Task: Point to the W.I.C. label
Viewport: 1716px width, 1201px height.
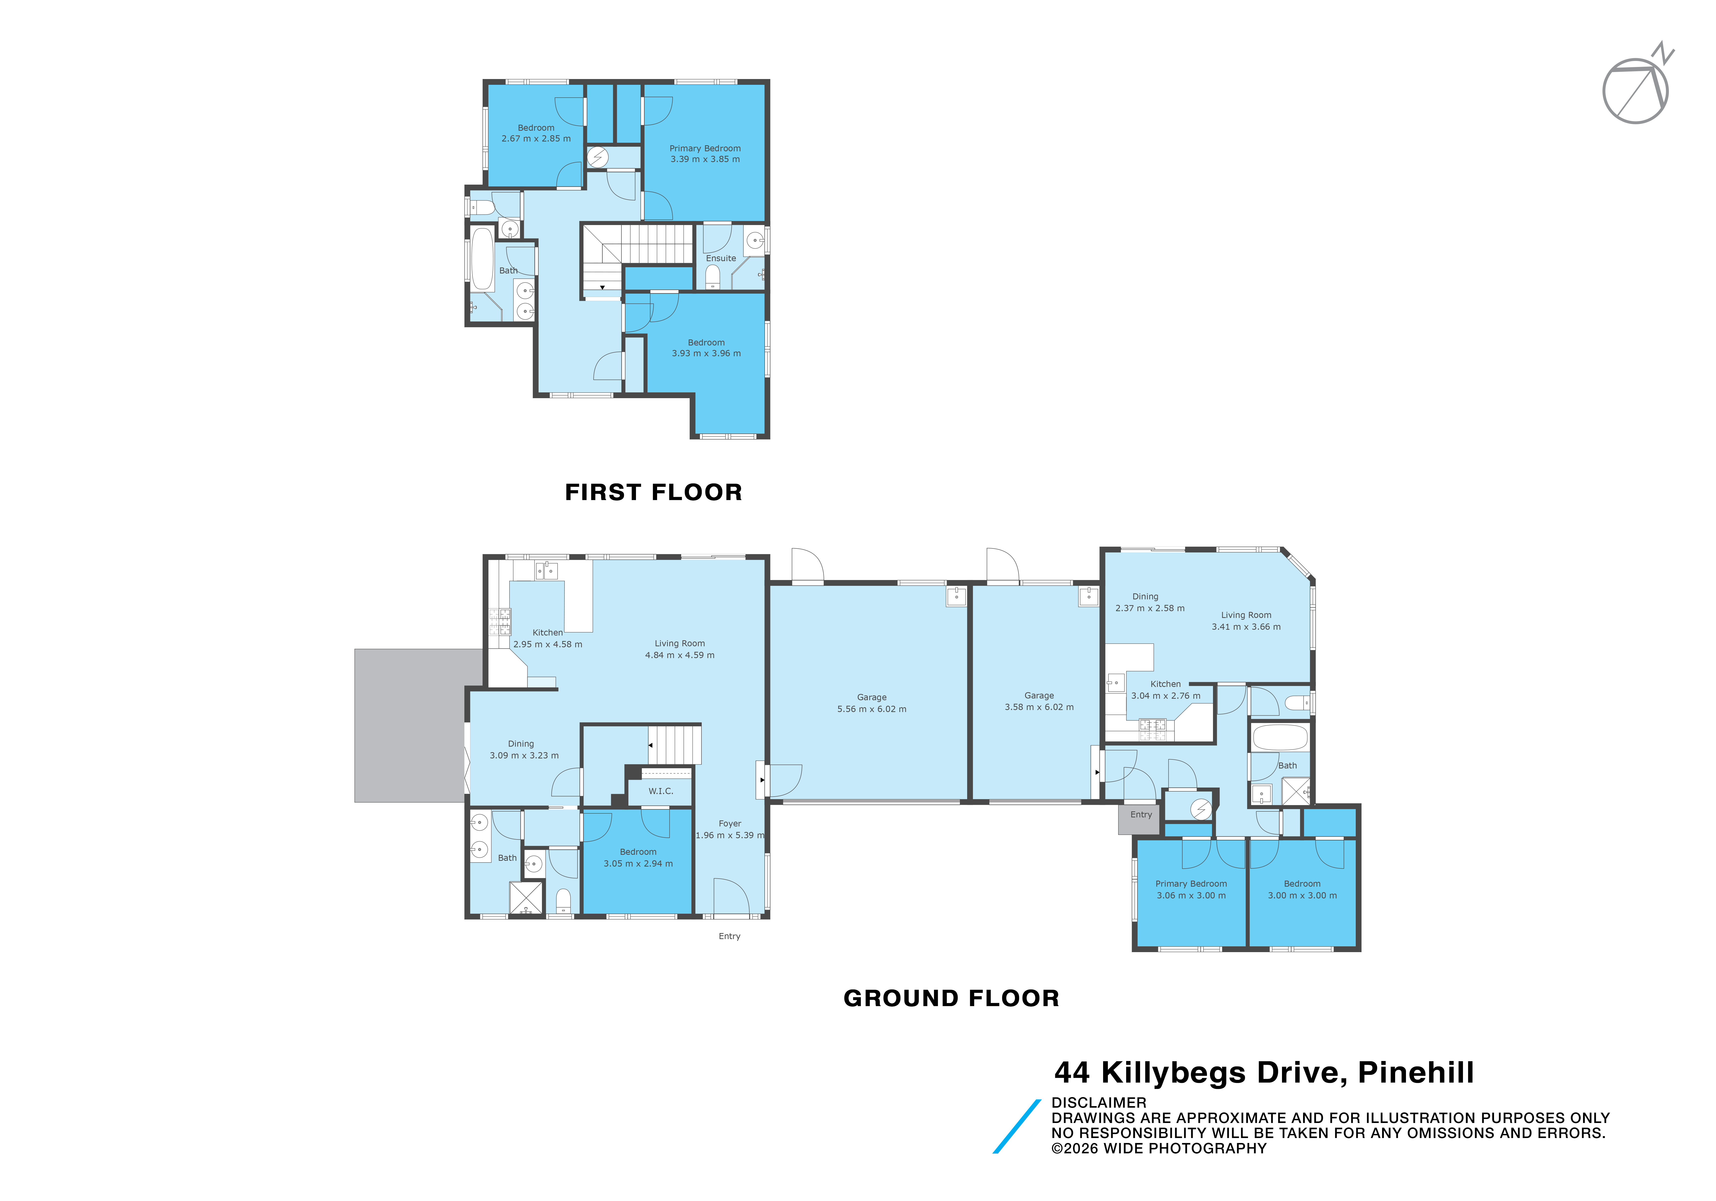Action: (x=661, y=791)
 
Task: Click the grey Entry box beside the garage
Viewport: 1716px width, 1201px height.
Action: (x=1140, y=818)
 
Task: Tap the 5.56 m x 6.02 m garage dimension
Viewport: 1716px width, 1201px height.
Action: (x=872, y=709)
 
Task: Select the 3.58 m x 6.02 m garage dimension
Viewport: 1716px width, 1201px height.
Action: (x=1039, y=707)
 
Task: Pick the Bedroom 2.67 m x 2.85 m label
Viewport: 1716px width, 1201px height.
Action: (x=536, y=133)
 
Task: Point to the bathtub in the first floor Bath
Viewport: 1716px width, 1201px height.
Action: (x=482, y=259)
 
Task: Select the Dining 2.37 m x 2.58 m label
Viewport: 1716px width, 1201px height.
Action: (x=1150, y=602)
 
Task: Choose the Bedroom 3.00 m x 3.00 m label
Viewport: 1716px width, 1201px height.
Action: (x=1302, y=889)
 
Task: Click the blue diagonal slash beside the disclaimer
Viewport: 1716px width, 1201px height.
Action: (x=1017, y=1126)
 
